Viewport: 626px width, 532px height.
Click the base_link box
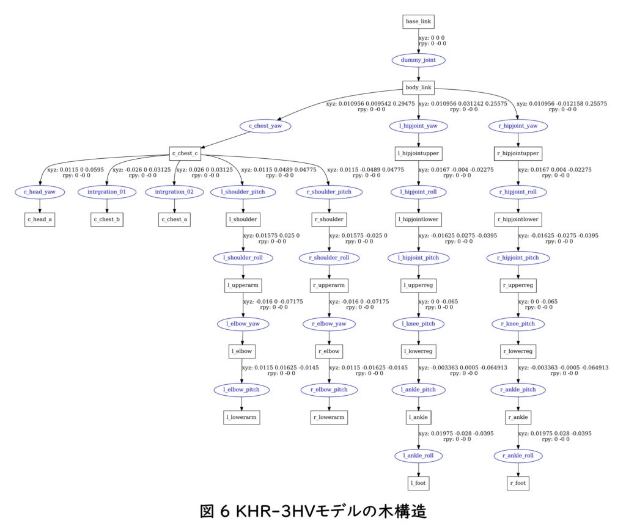(x=418, y=21)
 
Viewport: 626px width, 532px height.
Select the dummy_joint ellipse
(x=418, y=60)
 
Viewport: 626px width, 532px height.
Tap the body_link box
(x=418, y=88)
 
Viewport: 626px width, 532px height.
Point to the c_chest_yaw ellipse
(x=265, y=126)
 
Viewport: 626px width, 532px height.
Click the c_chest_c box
(x=186, y=153)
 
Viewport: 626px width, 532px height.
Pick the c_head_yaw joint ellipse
(x=40, y=192)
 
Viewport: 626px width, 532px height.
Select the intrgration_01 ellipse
(x=106, y=192)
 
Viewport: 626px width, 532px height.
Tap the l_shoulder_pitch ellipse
(x=243, y=192)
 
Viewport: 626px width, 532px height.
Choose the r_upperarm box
(x=329, y=285)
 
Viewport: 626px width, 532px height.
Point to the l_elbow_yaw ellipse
(x=243, y=324)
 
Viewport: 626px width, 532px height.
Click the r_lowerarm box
(x=329, y=418)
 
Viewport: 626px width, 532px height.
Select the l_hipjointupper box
(x=418, y=153)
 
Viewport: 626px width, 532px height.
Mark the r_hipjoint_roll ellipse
(x=518, y=192)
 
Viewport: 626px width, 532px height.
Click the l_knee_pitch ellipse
(x=418, y=324)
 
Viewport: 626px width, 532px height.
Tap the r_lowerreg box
(x=518, y=351)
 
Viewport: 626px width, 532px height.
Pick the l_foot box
(x=418, y=483)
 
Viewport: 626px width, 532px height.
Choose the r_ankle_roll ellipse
(x=518, y=456)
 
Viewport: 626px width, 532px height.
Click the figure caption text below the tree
(x=313, y=511)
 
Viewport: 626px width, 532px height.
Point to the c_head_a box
(x=40, y=219)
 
